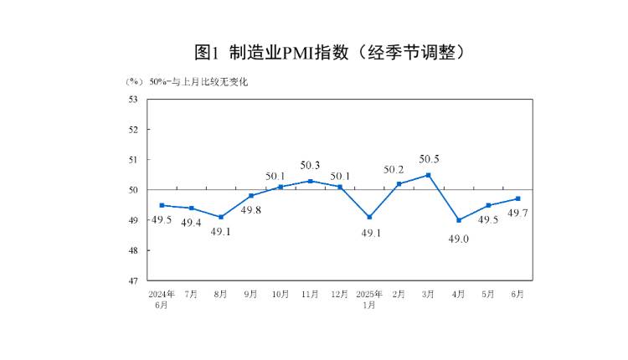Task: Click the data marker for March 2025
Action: pos(429,175)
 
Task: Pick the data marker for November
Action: pos(310,181)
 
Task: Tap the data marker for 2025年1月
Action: pos(369,217)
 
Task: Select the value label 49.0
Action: pos(458,239)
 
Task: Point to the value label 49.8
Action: pos(252,209)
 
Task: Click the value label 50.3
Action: pos(311,165)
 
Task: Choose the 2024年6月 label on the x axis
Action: pos(162,300)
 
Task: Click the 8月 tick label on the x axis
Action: pos(221,295)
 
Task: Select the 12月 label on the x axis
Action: pos(340,295)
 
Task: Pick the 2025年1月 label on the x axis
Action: pos(369,300)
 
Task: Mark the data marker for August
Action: pos(221,217)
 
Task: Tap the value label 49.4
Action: pos(192,223)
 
